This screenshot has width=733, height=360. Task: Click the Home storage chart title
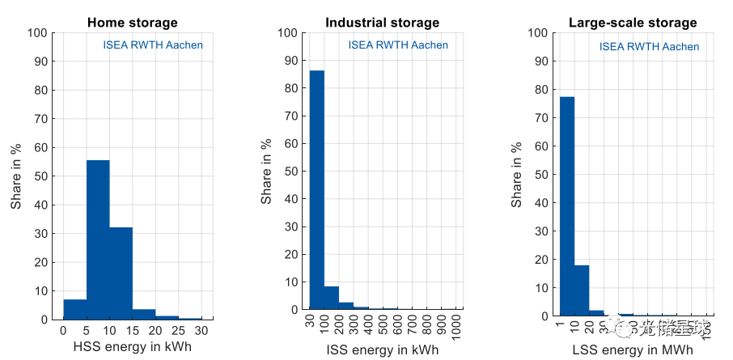pyautogui.click(x=132, y=23)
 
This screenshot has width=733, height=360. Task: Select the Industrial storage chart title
pyautogui.click(x=382, y=23)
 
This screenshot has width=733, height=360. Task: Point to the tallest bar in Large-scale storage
pyautogui.click(x=567, y=206)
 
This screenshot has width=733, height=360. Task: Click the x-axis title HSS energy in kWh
pyautogui.click(x=132, y=349)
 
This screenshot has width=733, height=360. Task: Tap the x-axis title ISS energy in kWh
pyautogui.click(x=382, y=349)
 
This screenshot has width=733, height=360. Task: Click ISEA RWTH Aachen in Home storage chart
pyautogui.click(x=153, y=45)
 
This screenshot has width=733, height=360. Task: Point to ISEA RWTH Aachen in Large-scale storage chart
pyautogui.click(x=649, y=47)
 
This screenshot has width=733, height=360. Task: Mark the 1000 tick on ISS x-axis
pyautogui.click(x=458, y=328)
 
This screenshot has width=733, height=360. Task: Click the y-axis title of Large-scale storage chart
pyautogui.click(x=517, y=174)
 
